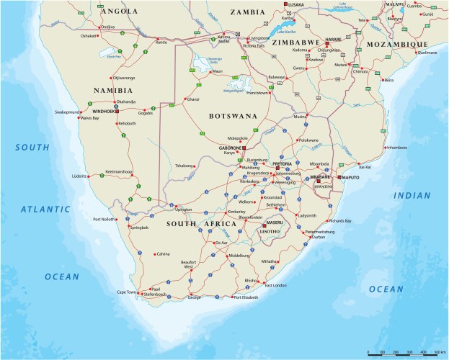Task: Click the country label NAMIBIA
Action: click(x=113, y=90)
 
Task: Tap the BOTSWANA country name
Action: click(x=233, y=115)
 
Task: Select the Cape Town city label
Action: click(x=126, y=292)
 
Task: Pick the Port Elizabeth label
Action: click(x=245, y=297)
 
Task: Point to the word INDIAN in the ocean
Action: click(x=411, y=195)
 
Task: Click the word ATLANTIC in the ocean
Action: click(x=45, y=210)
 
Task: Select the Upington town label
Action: click(x=184, y=210)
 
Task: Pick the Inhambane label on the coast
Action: click(x=397, y=148)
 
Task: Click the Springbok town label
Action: click(x=138, y=228)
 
